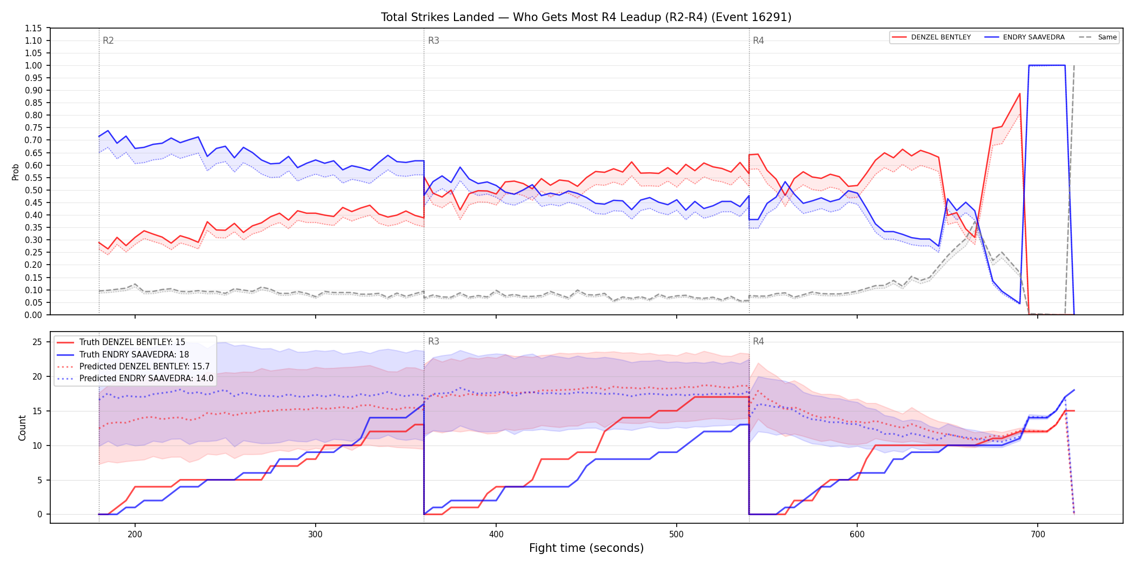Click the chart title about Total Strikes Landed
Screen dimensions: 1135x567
coord(586,17)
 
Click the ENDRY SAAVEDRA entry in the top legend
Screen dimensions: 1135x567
coord(1024,37)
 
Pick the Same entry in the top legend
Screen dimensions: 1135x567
coord(1098,37)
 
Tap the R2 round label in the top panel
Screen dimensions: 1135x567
coord(108,40)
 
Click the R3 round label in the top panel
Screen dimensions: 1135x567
coord(433,40)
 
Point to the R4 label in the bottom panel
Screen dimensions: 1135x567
coord(758,341)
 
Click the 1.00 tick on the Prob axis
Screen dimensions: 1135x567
coord(34,65)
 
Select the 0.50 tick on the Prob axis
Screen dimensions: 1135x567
coord(34,190)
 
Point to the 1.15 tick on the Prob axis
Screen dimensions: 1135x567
coord(34,28)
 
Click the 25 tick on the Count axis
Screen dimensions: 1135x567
coord(37,342)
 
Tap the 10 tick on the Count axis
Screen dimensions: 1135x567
coord(37,446)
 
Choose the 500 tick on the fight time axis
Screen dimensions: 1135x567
coord(676,535)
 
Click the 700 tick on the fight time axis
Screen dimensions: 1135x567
coord(1038,535)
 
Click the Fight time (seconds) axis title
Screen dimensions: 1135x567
coord(586,548)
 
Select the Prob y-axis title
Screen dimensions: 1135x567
coord(16,172)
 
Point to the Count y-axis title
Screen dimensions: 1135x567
coord(22,428)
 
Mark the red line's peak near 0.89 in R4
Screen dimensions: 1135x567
coord(1019,93)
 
